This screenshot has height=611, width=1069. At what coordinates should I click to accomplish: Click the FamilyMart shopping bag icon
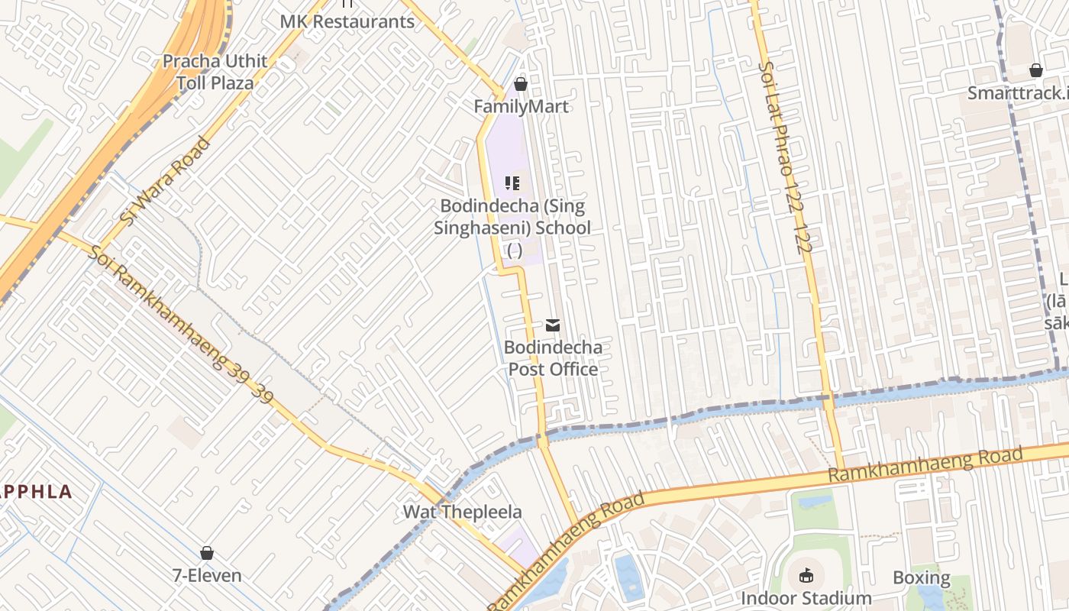(x=521, y=83)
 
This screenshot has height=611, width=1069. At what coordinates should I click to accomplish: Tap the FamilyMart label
(x=521, y=106)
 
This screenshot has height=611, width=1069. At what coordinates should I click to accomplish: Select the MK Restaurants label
(x=347, y=21)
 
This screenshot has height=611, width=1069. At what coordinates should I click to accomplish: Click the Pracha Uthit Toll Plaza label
(x=215, y=72)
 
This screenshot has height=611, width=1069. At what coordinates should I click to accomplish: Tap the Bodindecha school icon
(x=512, y=183)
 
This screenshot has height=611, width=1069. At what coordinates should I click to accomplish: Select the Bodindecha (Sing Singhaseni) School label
(x=512, y=217)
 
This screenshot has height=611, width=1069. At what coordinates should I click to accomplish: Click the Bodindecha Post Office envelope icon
(x=553, y=325)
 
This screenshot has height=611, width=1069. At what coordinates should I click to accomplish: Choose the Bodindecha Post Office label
(x=553, y=358)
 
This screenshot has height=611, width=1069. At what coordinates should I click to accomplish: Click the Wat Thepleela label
(x=463, y=512)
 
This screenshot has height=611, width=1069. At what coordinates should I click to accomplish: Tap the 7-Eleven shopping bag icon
(x=206, y=552)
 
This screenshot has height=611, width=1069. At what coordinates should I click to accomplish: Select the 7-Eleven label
(x=206, y=575)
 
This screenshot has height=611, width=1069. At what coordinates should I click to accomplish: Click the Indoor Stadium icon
(x=806, y=575)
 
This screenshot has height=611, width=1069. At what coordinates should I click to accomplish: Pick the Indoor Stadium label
(x=806, y=598)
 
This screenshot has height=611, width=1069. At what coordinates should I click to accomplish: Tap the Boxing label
(x=922, y=577)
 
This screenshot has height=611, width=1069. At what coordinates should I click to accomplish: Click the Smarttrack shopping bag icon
(x=1036, y=70)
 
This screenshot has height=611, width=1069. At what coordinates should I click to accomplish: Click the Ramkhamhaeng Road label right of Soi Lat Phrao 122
(x=925, y=465)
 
